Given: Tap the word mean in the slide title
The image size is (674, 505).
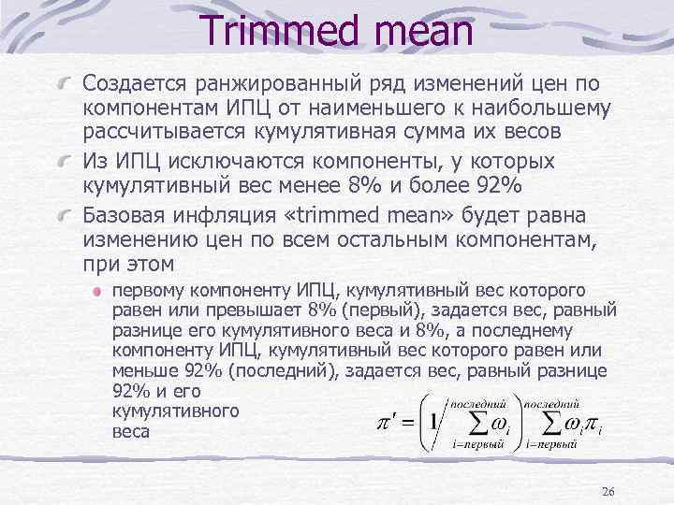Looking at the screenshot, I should coord(421,35).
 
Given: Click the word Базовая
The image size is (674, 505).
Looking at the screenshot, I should coord(130,211).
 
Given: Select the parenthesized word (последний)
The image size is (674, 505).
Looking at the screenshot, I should coord(284,371).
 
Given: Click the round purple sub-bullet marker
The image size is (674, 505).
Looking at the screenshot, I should coord(96,292).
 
